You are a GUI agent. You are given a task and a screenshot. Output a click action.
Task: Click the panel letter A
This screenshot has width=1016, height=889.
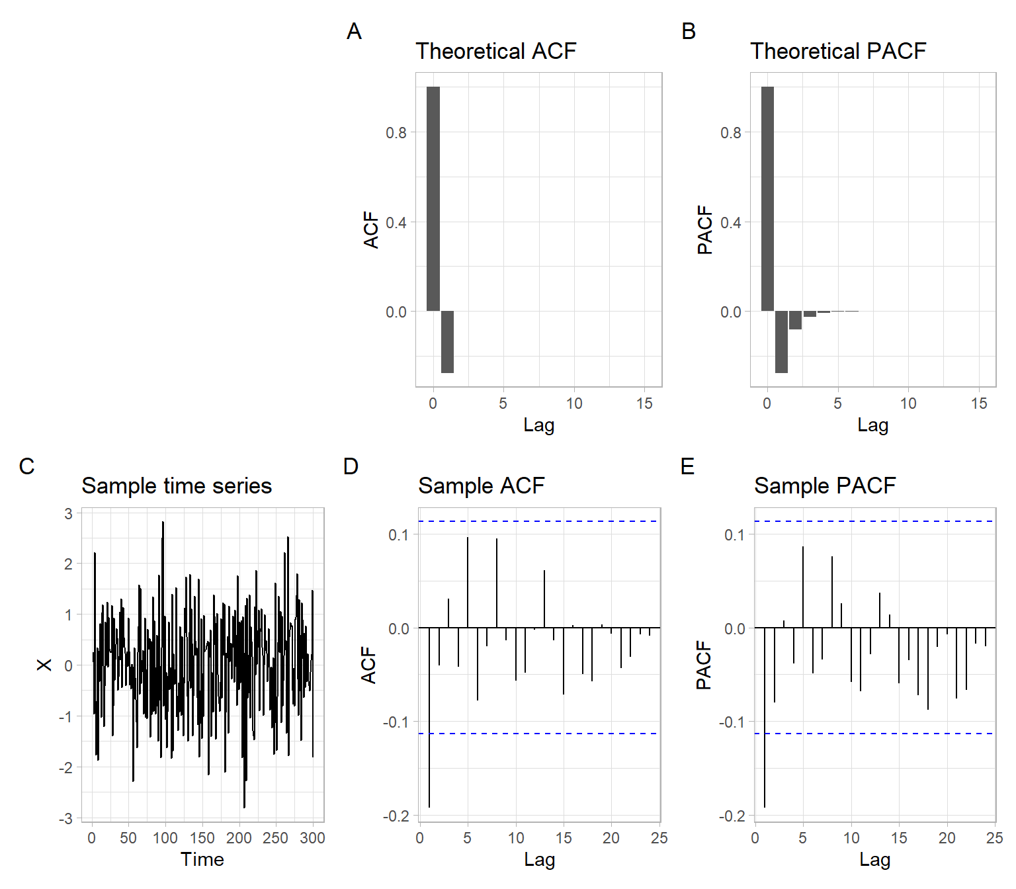[x=354, y=31]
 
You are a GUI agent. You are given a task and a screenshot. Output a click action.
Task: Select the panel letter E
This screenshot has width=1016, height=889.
[x=687, y=466]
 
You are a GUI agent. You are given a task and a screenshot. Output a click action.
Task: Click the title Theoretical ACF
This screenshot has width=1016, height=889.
[x=495, y=51]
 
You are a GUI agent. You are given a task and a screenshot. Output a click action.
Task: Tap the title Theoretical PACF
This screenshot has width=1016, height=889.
[x=837, y=51]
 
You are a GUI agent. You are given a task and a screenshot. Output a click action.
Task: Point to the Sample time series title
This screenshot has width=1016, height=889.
[x=176, y=486]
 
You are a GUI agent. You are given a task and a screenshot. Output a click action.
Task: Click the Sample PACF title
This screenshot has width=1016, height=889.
[x=824, y=486]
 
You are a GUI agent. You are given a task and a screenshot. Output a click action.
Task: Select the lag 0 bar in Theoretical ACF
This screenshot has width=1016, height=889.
[x=433, y=198]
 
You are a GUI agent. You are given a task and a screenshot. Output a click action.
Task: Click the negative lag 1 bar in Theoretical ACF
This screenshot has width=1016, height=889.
[x=447, y=342]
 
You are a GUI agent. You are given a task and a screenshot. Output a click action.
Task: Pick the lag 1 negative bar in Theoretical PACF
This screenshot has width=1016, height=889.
[x=781, y=342]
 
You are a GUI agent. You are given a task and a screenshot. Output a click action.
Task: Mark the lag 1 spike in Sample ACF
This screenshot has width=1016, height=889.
[x=429, y=718]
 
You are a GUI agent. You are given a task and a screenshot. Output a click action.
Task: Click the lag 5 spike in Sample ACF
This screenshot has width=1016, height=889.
[x=468, y=582]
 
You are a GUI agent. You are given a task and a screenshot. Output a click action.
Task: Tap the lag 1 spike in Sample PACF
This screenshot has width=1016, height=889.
[x=765, y=718]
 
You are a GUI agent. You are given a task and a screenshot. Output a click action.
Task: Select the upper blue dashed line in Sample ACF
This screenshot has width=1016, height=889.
[x=539, y=521]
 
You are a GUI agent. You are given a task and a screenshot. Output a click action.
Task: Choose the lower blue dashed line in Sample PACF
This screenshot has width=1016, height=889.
[x=874, y=734]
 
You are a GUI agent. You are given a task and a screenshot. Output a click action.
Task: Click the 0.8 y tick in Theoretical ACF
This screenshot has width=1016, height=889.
[x=396, y=133]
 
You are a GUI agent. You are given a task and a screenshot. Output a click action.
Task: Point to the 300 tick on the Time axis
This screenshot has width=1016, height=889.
[x=312, y=838]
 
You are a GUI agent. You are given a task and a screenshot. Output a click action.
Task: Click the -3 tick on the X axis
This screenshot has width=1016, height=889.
[x=65, y=819]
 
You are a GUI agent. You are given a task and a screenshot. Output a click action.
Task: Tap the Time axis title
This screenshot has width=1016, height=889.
[x=202, y=859]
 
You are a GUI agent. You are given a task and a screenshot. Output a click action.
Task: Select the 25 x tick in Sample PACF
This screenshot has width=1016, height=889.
[x=994, y=838]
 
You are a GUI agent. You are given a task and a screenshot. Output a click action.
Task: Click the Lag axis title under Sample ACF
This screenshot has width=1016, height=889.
[x=539, y=859]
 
